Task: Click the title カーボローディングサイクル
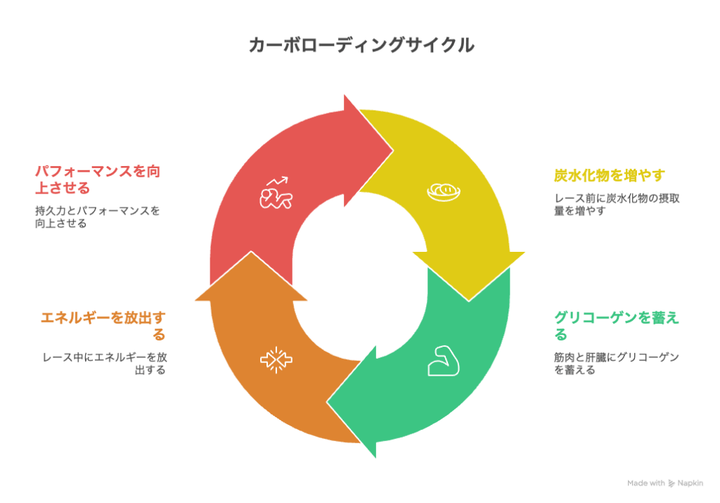(361, 45)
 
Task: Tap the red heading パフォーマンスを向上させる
(97, 179)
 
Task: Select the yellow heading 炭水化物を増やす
(610, 175)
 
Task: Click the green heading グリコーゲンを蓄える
(616, 325)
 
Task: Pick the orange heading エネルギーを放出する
(103, 326)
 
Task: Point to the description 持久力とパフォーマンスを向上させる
(97, 217)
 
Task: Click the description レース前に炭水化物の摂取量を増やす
(617, 205)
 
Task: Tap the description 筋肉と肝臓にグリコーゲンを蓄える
(616, 363)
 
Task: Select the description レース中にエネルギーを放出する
(105, 363)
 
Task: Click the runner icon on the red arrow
(276, 193)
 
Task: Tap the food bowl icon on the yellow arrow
(444, 192)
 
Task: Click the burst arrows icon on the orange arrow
(276, 359)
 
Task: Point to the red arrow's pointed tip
(393, 150)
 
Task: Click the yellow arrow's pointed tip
(468, 301)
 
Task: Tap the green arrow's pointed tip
(327, 402)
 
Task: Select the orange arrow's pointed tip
(251, 251)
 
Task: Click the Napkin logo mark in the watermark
(671, 483)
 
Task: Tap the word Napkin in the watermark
(690, 483)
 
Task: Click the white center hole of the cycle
(360, 276)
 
